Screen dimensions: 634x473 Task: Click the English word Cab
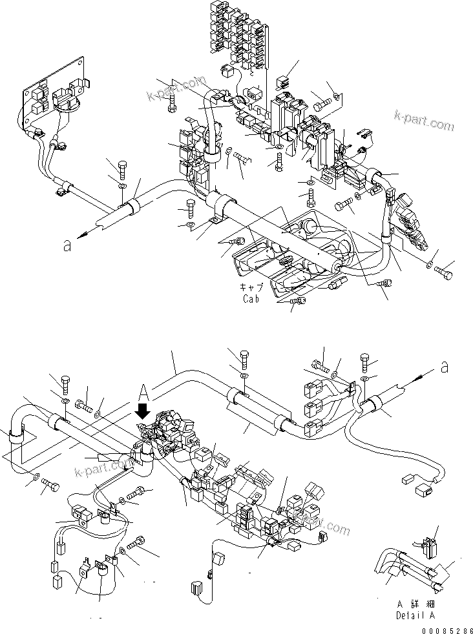pyautogui.click(x=251, y=299)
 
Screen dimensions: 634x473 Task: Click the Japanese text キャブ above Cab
pyautogui.click(x=251, y=289)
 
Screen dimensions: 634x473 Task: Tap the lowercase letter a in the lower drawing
pyautogui.click(x=443, y=367)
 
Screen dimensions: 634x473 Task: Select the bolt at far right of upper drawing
pyautogui.click(x=444, y=272)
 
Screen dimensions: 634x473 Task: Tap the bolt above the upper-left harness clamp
pyautogui.click(x=123, y=169)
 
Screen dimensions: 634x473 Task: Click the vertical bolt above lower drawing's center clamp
pyautogui.click(x=245, y=358)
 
